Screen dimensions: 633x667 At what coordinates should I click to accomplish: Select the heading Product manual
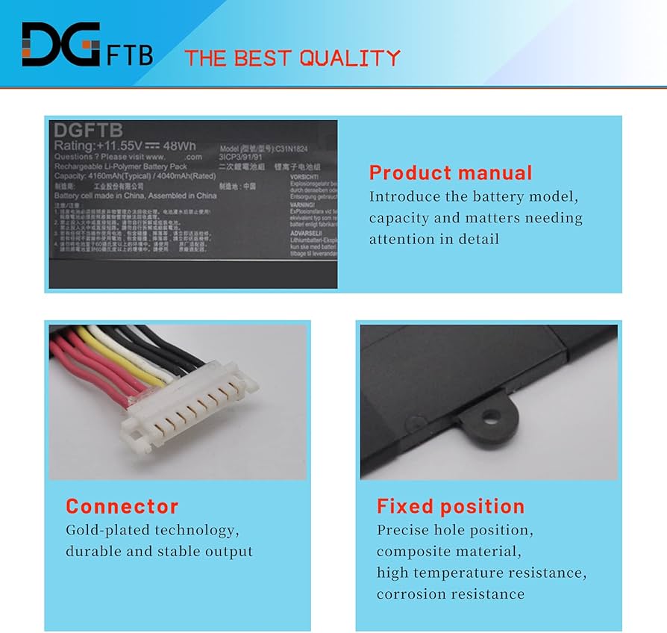coord(451,173)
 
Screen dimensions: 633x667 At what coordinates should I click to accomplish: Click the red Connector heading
coord(122,506)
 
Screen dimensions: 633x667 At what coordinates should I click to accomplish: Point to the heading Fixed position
coord(451,506)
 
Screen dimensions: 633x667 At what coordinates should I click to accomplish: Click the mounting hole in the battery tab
coord(489,416)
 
